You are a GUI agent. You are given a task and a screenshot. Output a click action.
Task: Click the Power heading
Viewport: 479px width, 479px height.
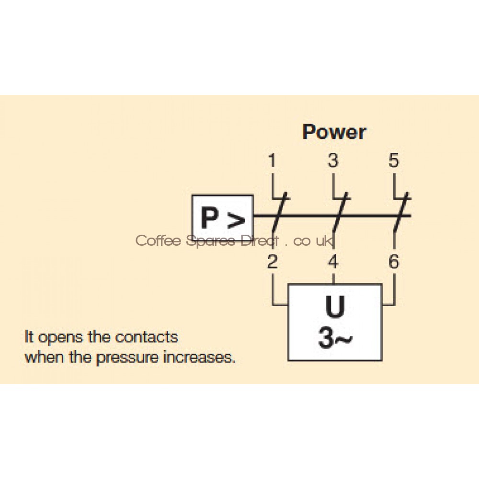click(x=334, y=132)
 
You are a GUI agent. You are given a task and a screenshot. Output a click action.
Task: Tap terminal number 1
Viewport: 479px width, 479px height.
click(x=272, y=161)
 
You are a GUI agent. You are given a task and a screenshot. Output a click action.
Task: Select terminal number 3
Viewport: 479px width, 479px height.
click(x=332, y=161)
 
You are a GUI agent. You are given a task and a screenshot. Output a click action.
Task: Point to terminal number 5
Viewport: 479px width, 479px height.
click(x=393, y=161)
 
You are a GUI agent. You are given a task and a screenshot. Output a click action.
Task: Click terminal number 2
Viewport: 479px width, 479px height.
click(x=272, y=262)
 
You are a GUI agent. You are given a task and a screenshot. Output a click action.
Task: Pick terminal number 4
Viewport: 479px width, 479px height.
click(x=332, y=262)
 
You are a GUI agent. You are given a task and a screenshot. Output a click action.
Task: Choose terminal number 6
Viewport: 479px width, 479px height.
click(x=393, y=262)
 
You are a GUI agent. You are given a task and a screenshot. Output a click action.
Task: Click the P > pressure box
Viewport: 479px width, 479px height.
click(x=222, y=218)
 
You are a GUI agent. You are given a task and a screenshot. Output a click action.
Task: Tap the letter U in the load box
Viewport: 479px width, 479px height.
click(x=334, y=308)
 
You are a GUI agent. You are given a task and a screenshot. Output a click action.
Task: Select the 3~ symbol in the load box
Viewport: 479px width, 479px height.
click(x=334, y=339)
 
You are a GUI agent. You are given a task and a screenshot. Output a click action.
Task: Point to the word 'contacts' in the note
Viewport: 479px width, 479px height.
click(x=147, y=337)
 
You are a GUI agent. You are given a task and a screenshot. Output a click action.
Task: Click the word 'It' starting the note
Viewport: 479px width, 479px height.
click(x=29, y=337)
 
